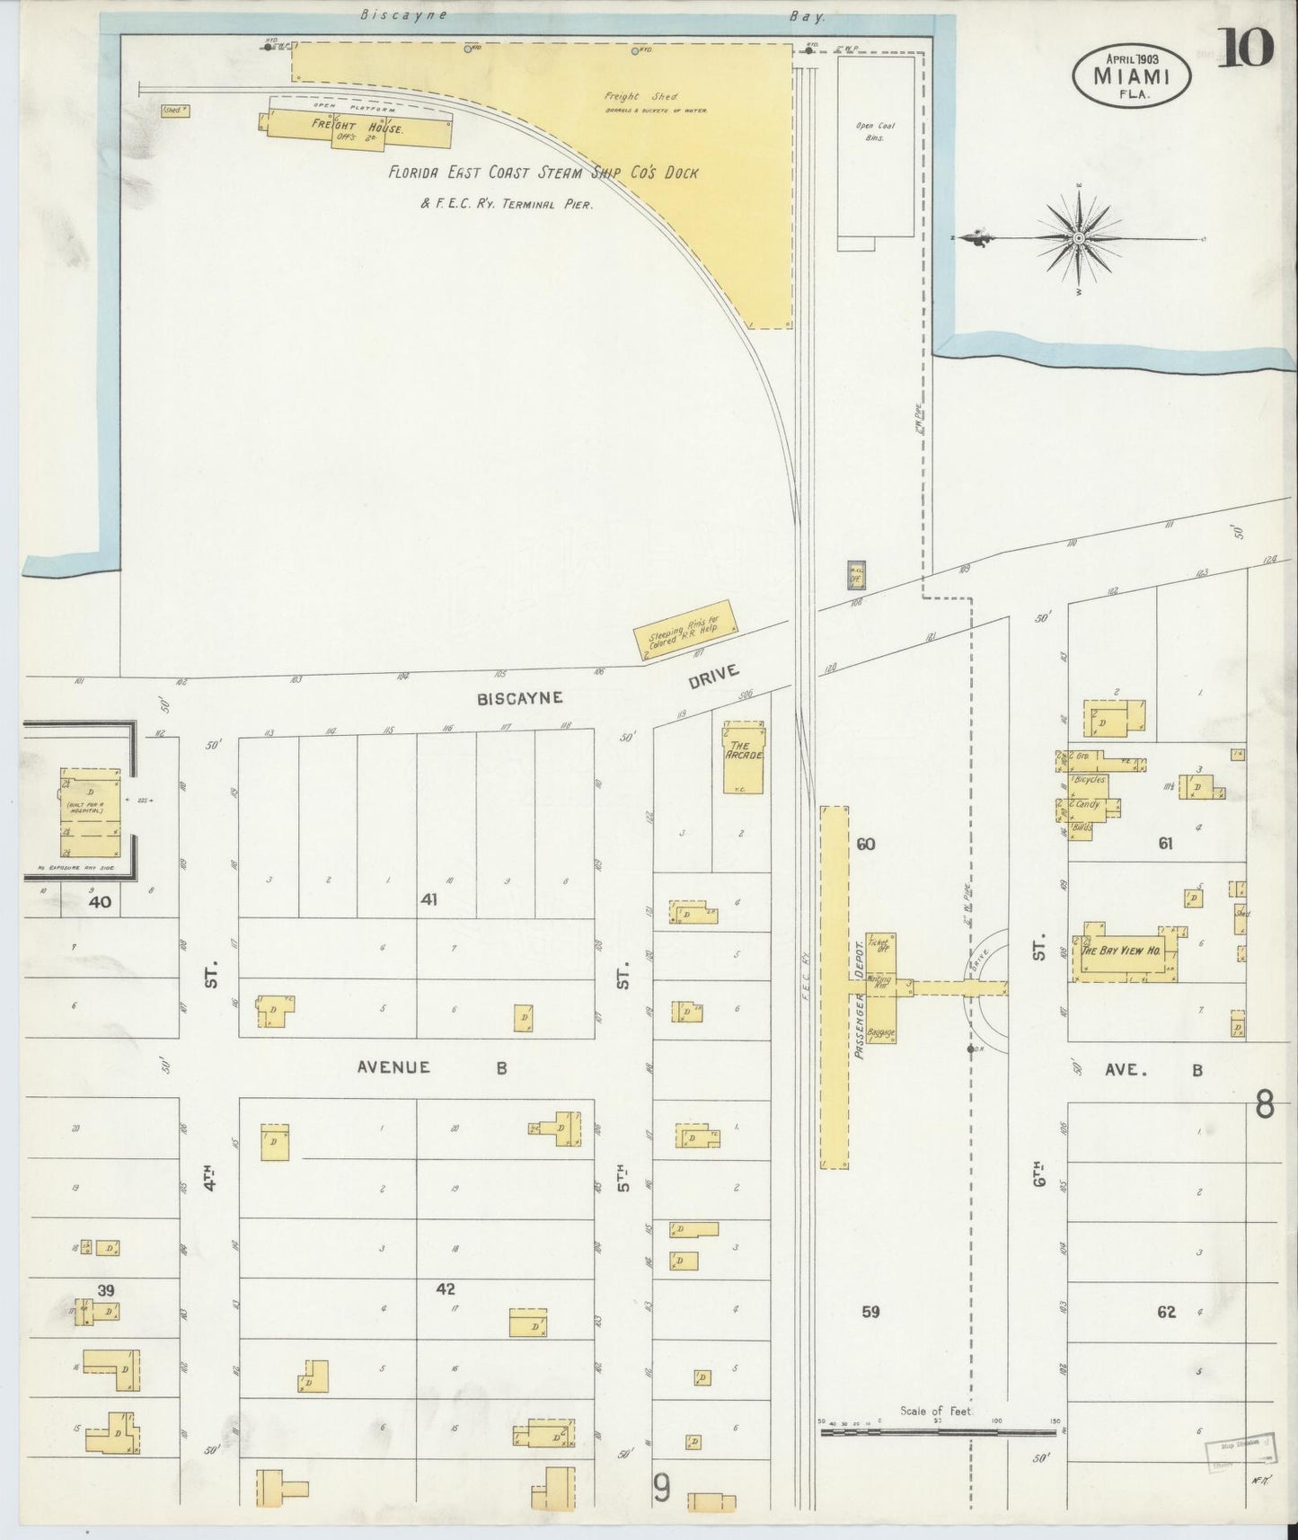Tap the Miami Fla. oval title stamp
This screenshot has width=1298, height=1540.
[x=1132, y=75]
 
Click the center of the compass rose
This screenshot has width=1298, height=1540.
[x=1078, y=238]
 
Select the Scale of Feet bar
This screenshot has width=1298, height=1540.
[x=938, y=1433]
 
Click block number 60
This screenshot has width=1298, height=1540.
[x=865, y=844]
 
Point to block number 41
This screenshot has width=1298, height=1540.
[x=428, y=898]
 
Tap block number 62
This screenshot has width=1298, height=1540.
[x=1166, y=1312]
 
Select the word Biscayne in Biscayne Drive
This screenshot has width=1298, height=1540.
[x=532, y=696]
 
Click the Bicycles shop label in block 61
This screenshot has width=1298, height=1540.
[x=1089, y=780]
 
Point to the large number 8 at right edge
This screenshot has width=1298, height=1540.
[x=1264, y=1105]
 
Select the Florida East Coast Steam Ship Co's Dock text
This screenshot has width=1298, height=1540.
[x=543, y=173]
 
